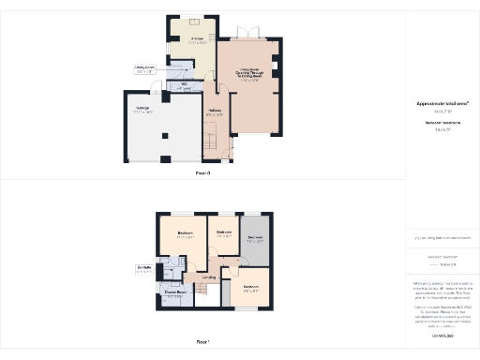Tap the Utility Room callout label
tap(144, 68)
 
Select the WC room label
tap(185, 87)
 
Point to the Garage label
tap(143, 110)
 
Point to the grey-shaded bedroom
tap(255, 238)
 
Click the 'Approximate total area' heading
tap(442, 103)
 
